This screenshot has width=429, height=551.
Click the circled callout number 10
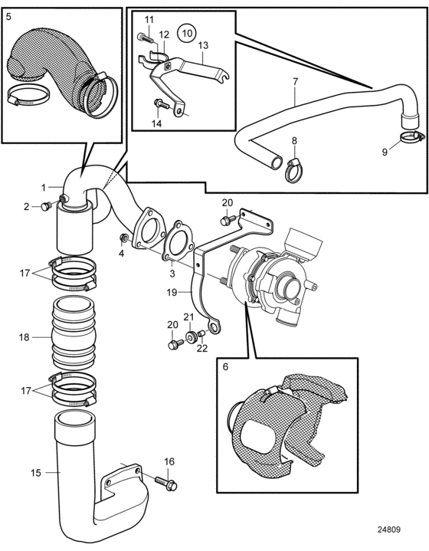[187, 33]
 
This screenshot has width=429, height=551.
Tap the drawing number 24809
[389, 530]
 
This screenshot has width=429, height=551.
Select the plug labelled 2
[46, 206]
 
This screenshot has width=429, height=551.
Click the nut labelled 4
[123, 238]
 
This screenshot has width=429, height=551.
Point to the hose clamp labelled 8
[294, 169]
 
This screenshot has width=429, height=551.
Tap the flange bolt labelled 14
[162, 103]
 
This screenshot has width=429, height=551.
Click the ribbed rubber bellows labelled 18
[74, 333]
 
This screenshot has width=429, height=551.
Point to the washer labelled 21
[191, 337]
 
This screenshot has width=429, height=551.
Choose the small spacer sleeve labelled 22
[201, 333]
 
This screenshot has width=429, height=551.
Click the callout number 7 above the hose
[295, 82]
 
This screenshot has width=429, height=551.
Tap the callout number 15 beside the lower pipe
[36, 473]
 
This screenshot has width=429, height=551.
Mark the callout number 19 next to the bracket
[172, 292]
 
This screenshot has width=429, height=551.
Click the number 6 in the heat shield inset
[225, 367]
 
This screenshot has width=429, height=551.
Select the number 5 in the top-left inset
[8, 17]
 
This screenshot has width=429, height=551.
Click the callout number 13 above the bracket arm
[203, 45]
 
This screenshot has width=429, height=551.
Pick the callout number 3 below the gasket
[172, 274]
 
